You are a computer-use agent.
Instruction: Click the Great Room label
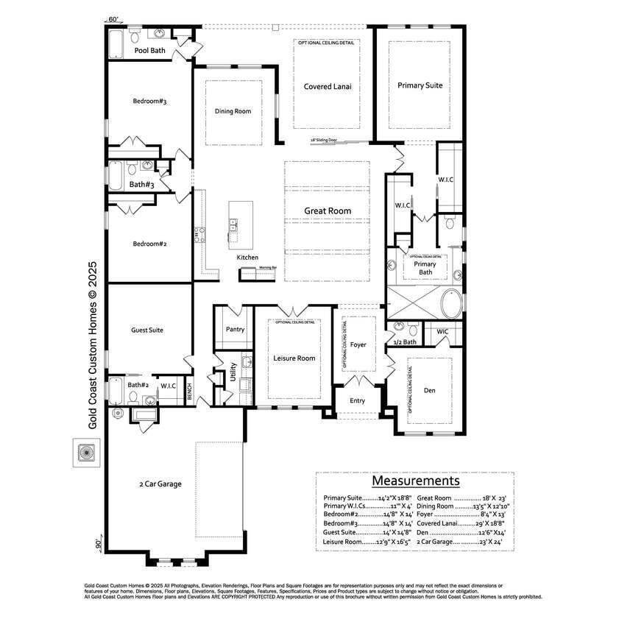(328, 211)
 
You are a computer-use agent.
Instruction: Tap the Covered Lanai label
(328, 86)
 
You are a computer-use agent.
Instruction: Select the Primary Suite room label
(420, 85)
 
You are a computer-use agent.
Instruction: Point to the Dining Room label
(233, 111)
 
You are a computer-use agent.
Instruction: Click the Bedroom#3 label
(150, 101)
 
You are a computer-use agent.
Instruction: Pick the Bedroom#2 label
(150, 244)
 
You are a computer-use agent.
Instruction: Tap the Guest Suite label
(147, 330)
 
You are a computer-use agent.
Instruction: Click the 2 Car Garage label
(160, 484)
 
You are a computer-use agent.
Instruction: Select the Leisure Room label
(294, 358)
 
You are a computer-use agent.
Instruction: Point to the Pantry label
(236, 329)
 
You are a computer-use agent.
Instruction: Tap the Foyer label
(358, 344)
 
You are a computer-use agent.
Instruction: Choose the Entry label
(357, 400)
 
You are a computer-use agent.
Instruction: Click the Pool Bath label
(150, 51)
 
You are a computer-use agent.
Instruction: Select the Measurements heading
(416, 481)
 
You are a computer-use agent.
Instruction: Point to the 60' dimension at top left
(113, 19)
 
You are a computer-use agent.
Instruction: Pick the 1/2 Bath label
(406, 342)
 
